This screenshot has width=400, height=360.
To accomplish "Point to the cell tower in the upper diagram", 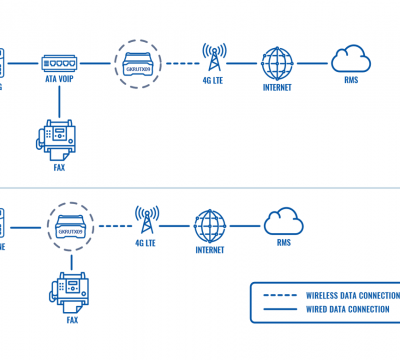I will (x=212, y=57).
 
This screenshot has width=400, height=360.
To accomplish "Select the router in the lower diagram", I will (x=69, y=224).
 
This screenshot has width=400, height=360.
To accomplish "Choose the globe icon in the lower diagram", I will (x=210, y=224).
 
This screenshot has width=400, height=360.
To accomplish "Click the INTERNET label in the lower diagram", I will (x=210, y=250).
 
